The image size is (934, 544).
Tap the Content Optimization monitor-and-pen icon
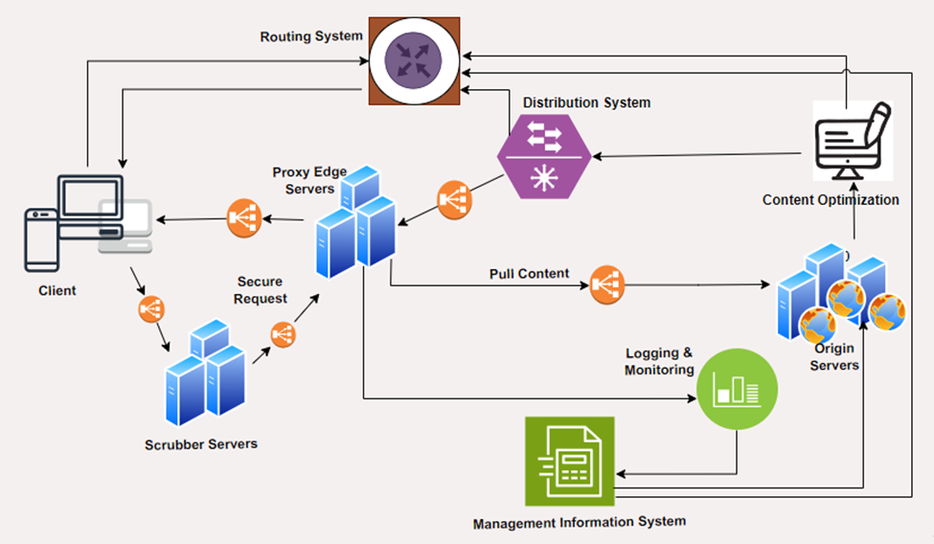click(x=852, y=141)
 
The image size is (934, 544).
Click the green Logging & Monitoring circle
click(x=736, y=388)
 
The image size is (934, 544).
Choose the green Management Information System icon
click(x=570, y=460)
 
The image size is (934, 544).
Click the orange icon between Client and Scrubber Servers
click(x=150, y=308)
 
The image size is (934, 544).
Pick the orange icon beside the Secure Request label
click(x=283, y=334)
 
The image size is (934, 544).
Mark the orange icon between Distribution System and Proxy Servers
click(x=453, y=199)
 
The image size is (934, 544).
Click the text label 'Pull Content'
click(x=529, y=273)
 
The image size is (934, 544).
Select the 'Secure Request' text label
click(x=261, y=289)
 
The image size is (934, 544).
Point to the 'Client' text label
click(x=57, y=290)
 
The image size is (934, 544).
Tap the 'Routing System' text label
click(x=311, y=36)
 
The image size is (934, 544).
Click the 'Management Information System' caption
click(x=579, y=521)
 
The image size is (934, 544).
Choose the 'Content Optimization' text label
click(x=831, y=200)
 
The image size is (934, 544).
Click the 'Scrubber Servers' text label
click(x=201, y=444)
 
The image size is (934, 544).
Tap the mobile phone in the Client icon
click(x=39, y=240)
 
